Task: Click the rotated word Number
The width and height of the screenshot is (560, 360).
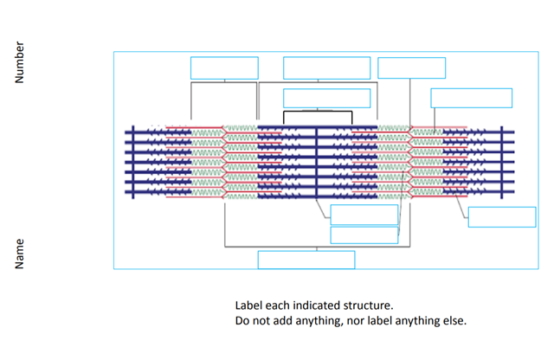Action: (x=19, y=63)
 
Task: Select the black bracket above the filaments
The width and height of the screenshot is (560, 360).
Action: (x=318, y=112)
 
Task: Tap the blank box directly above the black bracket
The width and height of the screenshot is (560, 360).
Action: (x=326, y=98)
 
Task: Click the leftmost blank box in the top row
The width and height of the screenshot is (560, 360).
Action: (x=224, y=68)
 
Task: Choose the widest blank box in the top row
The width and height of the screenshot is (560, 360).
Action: (x=326, y=68)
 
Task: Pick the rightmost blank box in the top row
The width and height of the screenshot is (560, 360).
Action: (x=411, y=68)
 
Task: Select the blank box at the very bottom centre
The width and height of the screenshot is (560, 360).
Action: (x=306, y=260)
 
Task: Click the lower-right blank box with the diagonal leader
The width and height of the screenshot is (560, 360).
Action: (x=501, y=217)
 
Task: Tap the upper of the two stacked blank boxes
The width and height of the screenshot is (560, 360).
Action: (x=364, y=215)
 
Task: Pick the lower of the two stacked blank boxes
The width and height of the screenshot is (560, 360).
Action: (x=364, y=235)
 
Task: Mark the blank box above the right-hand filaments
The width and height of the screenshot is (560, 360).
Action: (x=471, y=98)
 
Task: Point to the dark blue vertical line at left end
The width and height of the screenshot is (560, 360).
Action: (x=133, y=162)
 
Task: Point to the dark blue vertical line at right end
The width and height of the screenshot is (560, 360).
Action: (x=501, y=162)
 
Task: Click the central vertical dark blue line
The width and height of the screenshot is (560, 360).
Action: (x=317, y=162)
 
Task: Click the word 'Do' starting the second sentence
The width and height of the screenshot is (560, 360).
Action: (x=242, y=321)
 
